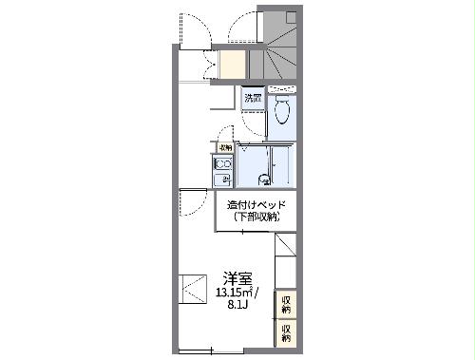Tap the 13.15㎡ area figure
(232, 293)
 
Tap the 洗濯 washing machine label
(252, 98)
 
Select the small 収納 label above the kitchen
(224, 147)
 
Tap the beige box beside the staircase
(232, 63)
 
